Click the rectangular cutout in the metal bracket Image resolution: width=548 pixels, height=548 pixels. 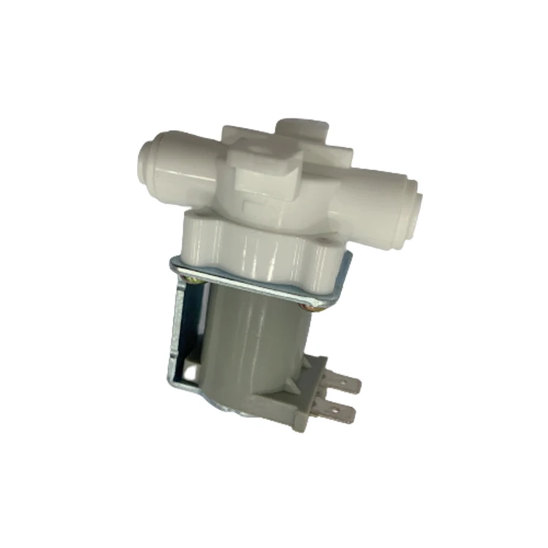(191, 373)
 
